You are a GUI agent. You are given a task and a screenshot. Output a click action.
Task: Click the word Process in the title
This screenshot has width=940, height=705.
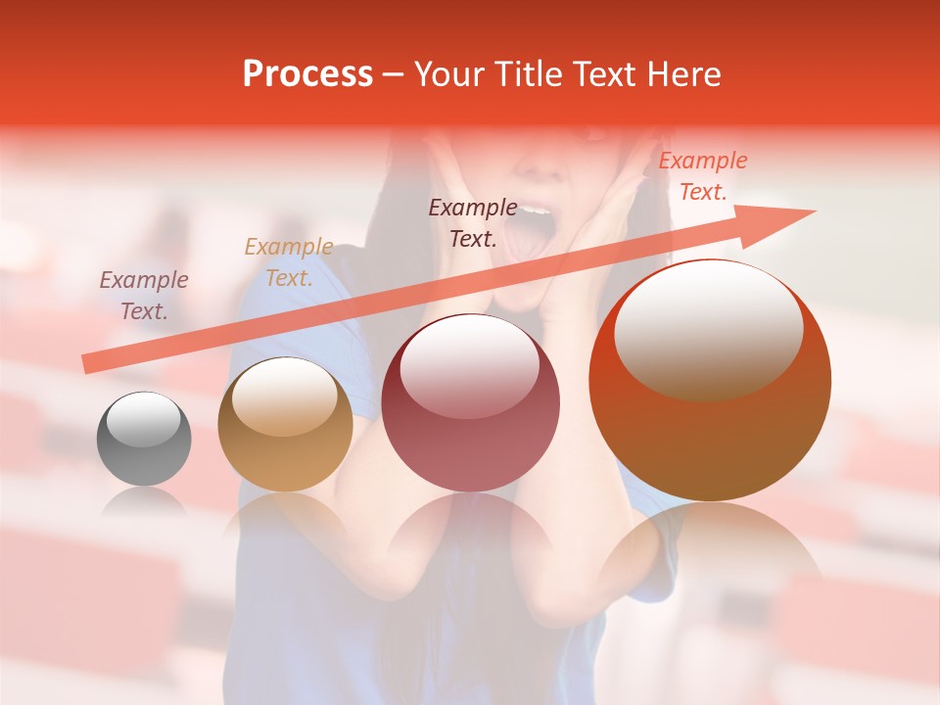click(307, 74)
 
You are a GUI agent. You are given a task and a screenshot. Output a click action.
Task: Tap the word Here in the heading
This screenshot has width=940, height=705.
click(681, 74)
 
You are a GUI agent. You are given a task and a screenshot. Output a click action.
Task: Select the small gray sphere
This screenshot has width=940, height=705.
click(144, 439)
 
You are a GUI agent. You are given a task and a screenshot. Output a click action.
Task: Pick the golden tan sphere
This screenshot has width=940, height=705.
click(285, 424)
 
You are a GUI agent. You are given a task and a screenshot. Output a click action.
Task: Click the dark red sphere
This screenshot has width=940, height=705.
click(470, 402)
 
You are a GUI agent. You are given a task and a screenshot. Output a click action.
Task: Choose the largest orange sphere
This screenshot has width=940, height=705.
click(710, 380)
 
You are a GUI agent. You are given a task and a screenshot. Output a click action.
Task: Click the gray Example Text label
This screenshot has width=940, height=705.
click(143, 296)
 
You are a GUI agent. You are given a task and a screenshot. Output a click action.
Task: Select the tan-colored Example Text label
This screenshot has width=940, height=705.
click(288, 262)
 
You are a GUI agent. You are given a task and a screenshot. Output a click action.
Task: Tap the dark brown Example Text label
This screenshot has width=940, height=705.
click(473, 222)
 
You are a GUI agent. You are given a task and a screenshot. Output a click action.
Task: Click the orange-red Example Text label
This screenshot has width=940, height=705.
click(702, 176)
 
